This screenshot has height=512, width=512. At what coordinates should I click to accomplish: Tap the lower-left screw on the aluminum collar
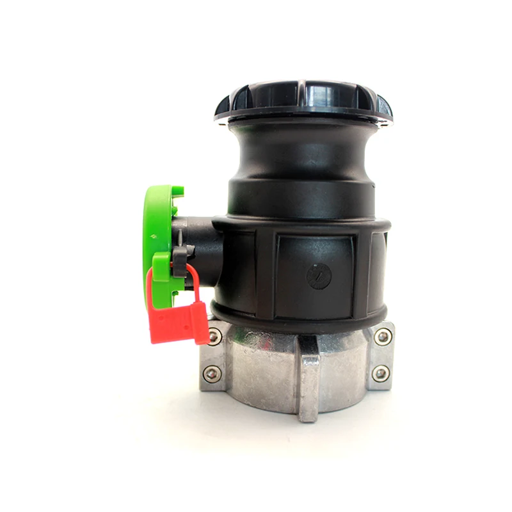point(212,373)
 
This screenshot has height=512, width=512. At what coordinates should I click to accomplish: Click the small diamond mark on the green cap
point(152,238)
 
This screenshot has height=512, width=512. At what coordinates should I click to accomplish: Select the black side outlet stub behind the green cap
point(202,246)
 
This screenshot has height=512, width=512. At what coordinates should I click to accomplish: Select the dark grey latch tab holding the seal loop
point(180,256)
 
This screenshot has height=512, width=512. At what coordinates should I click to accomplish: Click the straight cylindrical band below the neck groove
point(301,198)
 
